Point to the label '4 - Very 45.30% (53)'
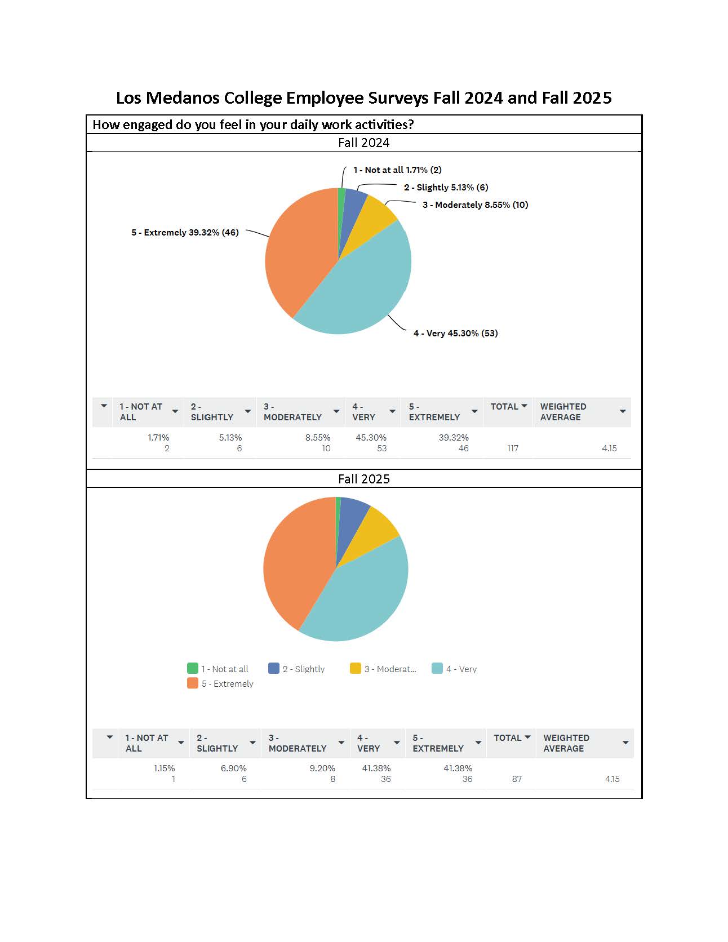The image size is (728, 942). pyautogui.click(x=455, y=333)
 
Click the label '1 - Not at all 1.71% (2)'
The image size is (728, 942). pyautogui.click(x=397, y=170)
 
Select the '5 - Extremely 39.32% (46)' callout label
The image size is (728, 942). pyautogui.click(x=185, y=232)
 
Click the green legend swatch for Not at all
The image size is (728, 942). pyautogui.click(x=193, y=668)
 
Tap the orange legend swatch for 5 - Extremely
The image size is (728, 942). pyautogui.click(x=193, y=683)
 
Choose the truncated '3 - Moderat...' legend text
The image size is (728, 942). pyautogui.click(x=390, y=669)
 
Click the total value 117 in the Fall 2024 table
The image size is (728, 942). pyautogui.click(x=512, y=448)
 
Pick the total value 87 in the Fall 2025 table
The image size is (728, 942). pyautogui.click(x=516, y=779)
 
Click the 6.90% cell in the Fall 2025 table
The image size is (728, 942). pyautogui.click(x=233, y=768)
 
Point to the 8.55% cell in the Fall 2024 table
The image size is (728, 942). pyautogui.click(x=318, y=437)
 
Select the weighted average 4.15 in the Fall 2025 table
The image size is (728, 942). pyautogui.click(x=612, y=779)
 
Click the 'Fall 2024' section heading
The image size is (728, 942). pyautogui.click(x=363, y=143)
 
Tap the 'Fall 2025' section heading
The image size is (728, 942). pyautogui.click(x=363, y=479)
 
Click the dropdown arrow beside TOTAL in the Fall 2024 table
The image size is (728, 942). pyautogui.click(x=524, y=406)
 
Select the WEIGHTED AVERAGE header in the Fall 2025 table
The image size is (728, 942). pyautogui.click(x=566, y=743)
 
